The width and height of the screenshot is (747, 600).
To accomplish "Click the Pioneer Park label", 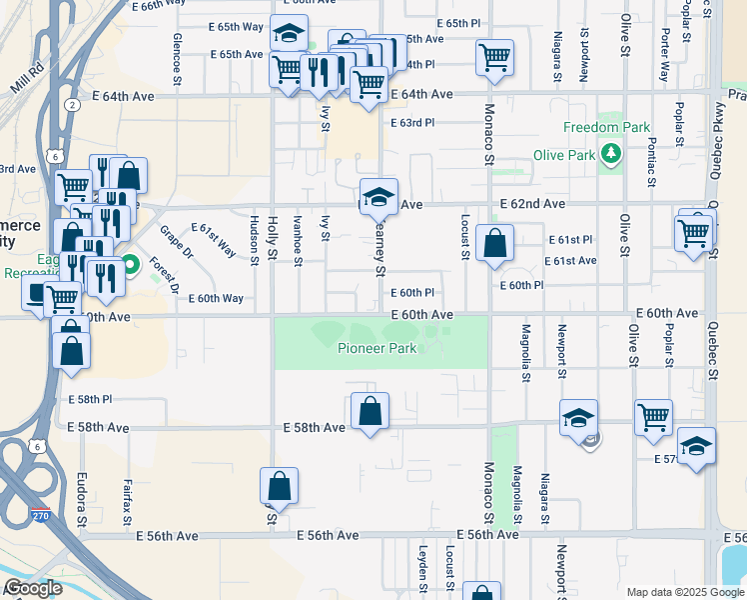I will coord(376,349).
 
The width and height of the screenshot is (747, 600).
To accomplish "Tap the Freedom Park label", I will coord(606,127).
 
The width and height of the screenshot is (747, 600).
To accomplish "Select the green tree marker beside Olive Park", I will coord(609,155).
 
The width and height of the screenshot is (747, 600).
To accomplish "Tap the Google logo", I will coord(33,588).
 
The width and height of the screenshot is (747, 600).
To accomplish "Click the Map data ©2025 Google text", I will coord(684,592).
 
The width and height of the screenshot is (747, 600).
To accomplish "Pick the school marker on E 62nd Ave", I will coord(378,196).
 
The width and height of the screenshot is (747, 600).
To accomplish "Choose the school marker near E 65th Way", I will coord(289,33).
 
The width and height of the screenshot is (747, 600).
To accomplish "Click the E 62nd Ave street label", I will coord(530,203).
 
